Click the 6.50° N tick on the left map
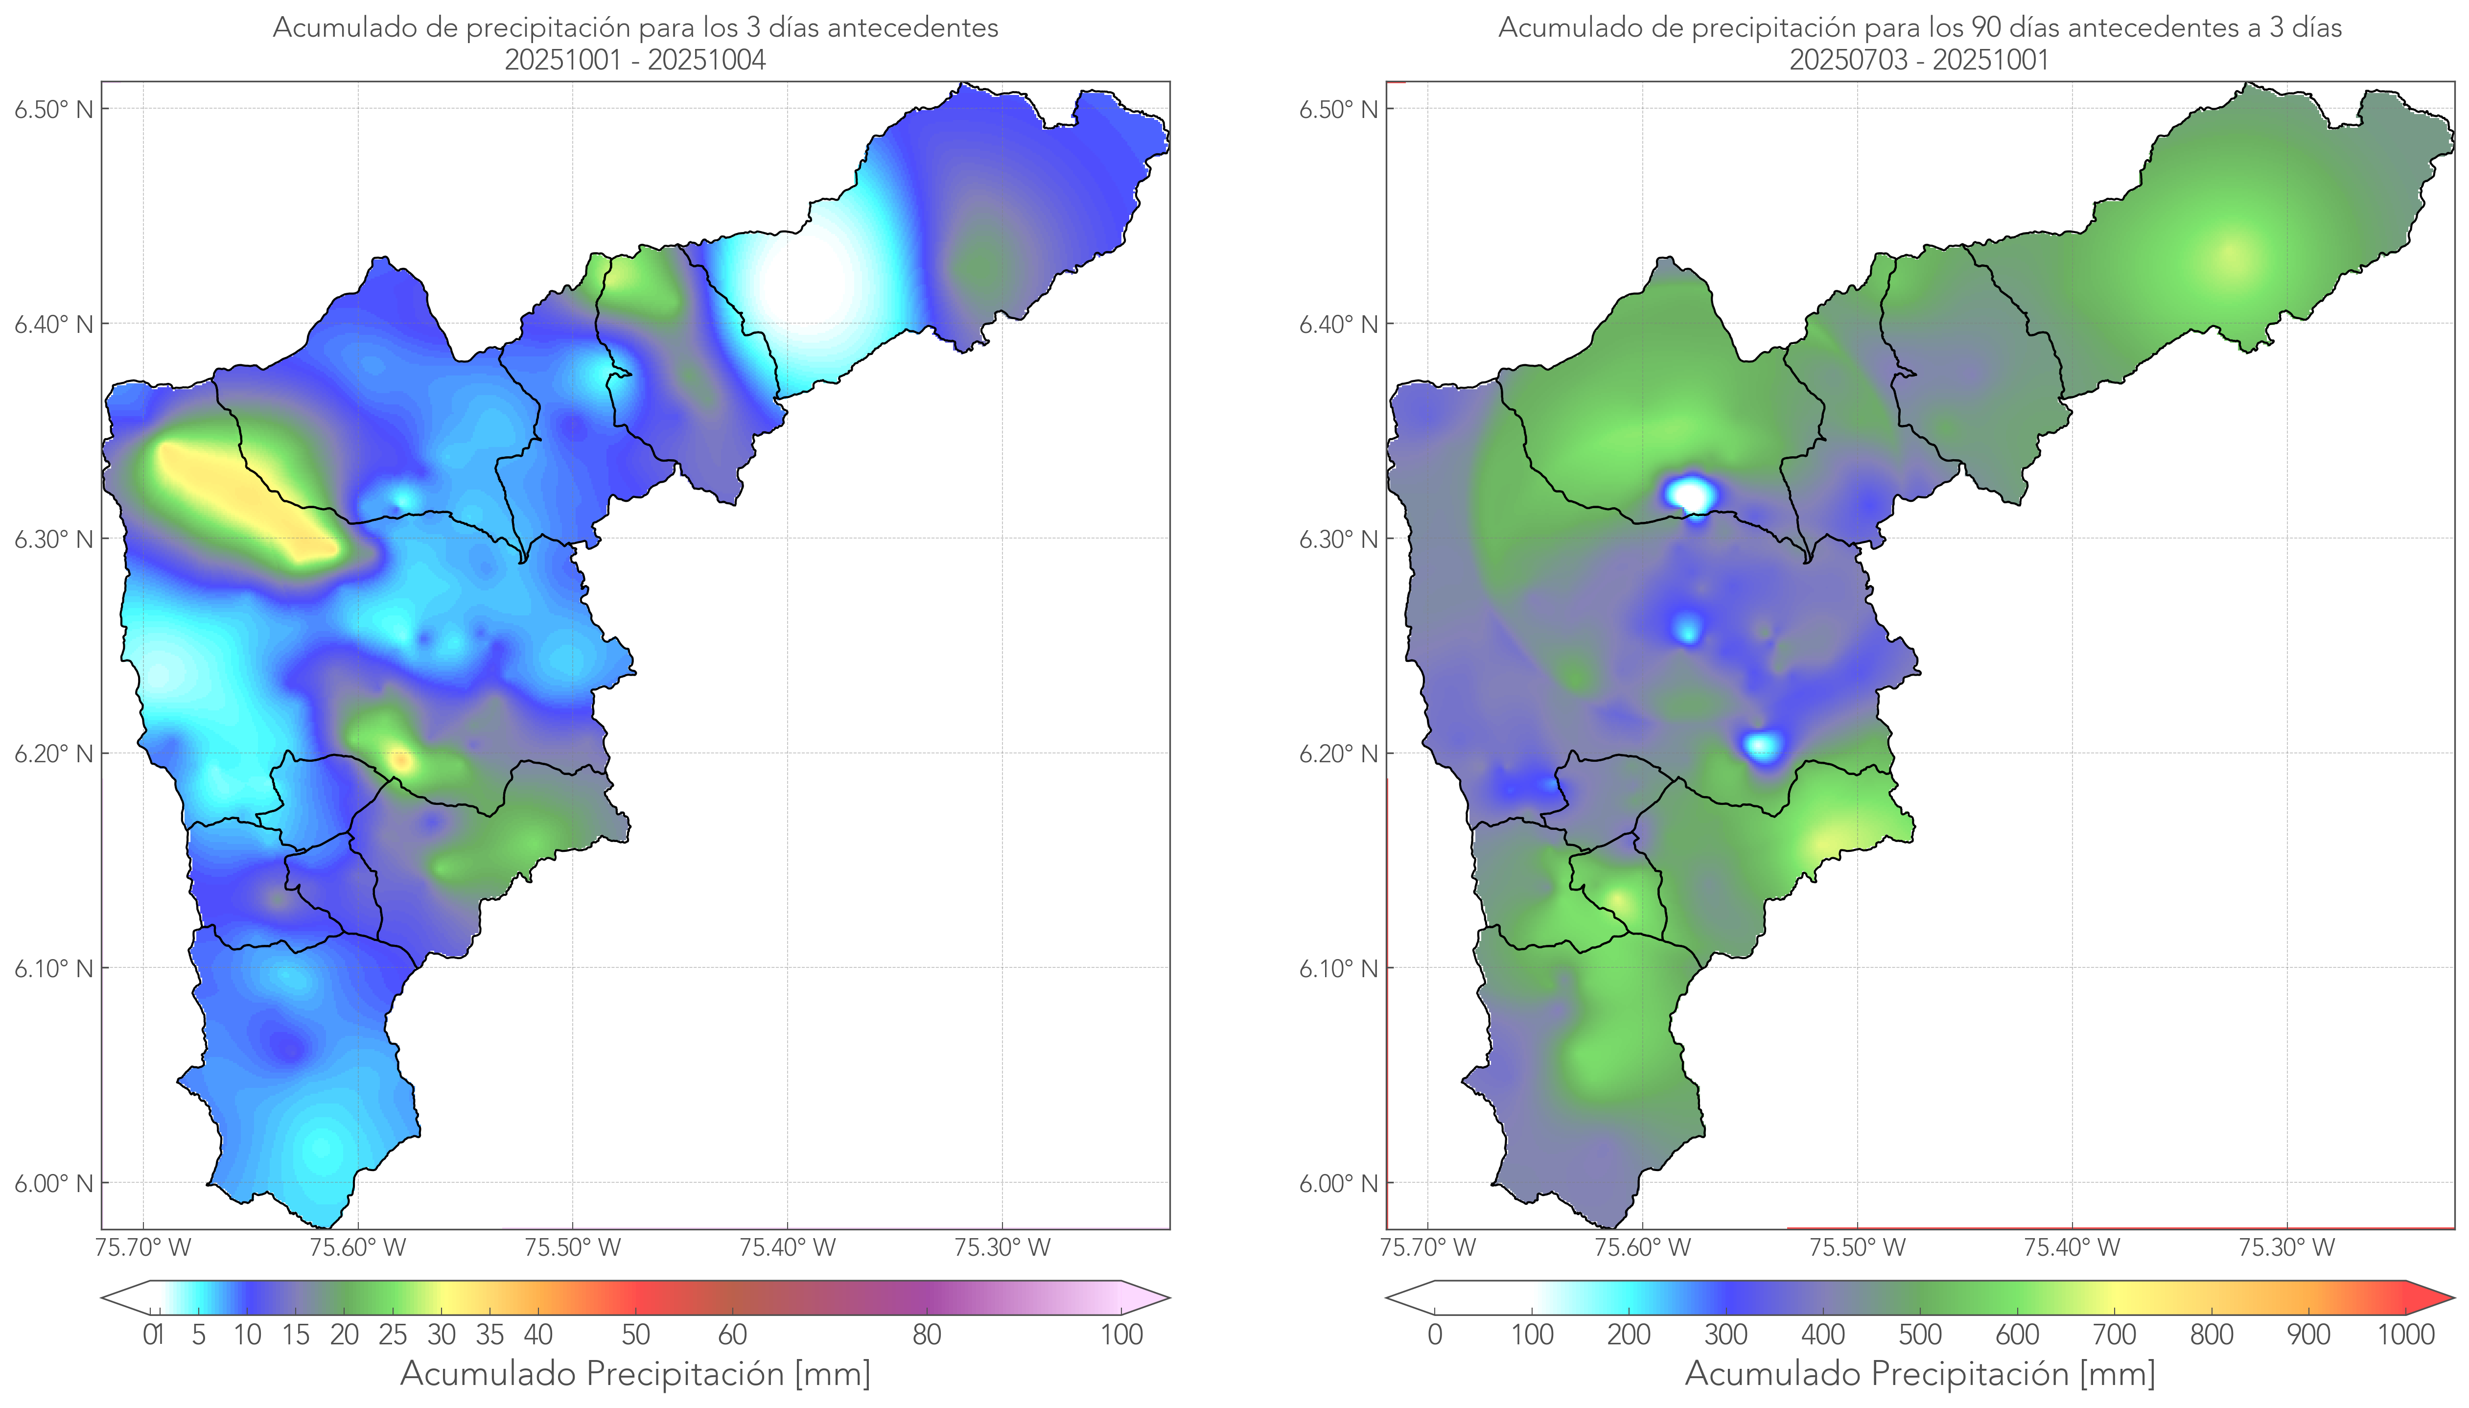point(53,109)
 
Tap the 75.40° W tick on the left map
point(787,1247)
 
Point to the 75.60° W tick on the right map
point(1642,1247)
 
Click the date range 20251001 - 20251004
point(635,60)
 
